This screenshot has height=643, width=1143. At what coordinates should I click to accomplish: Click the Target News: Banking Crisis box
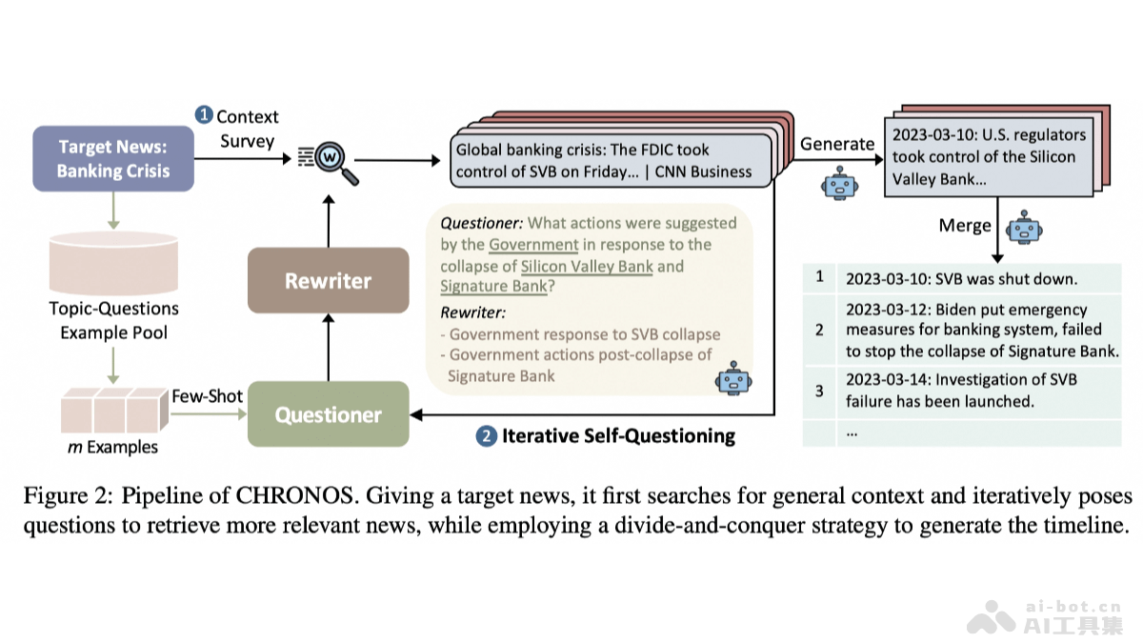[113, 159]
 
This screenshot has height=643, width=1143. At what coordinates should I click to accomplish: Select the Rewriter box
[328, 280]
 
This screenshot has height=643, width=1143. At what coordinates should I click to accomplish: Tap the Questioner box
[328, 414]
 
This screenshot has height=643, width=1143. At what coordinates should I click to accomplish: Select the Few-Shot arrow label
[207, 395]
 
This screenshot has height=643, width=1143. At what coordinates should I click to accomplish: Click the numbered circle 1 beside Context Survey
[204, 115]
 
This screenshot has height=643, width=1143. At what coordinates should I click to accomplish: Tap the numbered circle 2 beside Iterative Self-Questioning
[487, 436]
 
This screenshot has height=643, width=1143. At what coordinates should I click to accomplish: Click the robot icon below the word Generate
[838, 183]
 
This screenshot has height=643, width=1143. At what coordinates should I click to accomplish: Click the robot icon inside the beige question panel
[733, 378]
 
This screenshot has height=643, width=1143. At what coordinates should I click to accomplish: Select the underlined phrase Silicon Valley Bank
[587, 266]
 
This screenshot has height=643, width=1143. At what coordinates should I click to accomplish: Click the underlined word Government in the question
[533, 245]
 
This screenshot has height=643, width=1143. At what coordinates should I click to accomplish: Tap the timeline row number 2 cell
[818, 330]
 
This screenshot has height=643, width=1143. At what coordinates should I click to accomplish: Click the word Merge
[964, 227]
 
